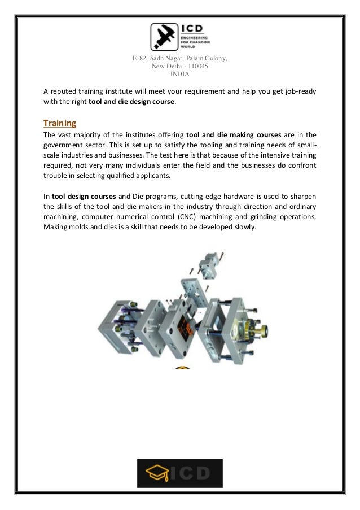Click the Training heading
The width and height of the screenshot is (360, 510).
60,123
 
